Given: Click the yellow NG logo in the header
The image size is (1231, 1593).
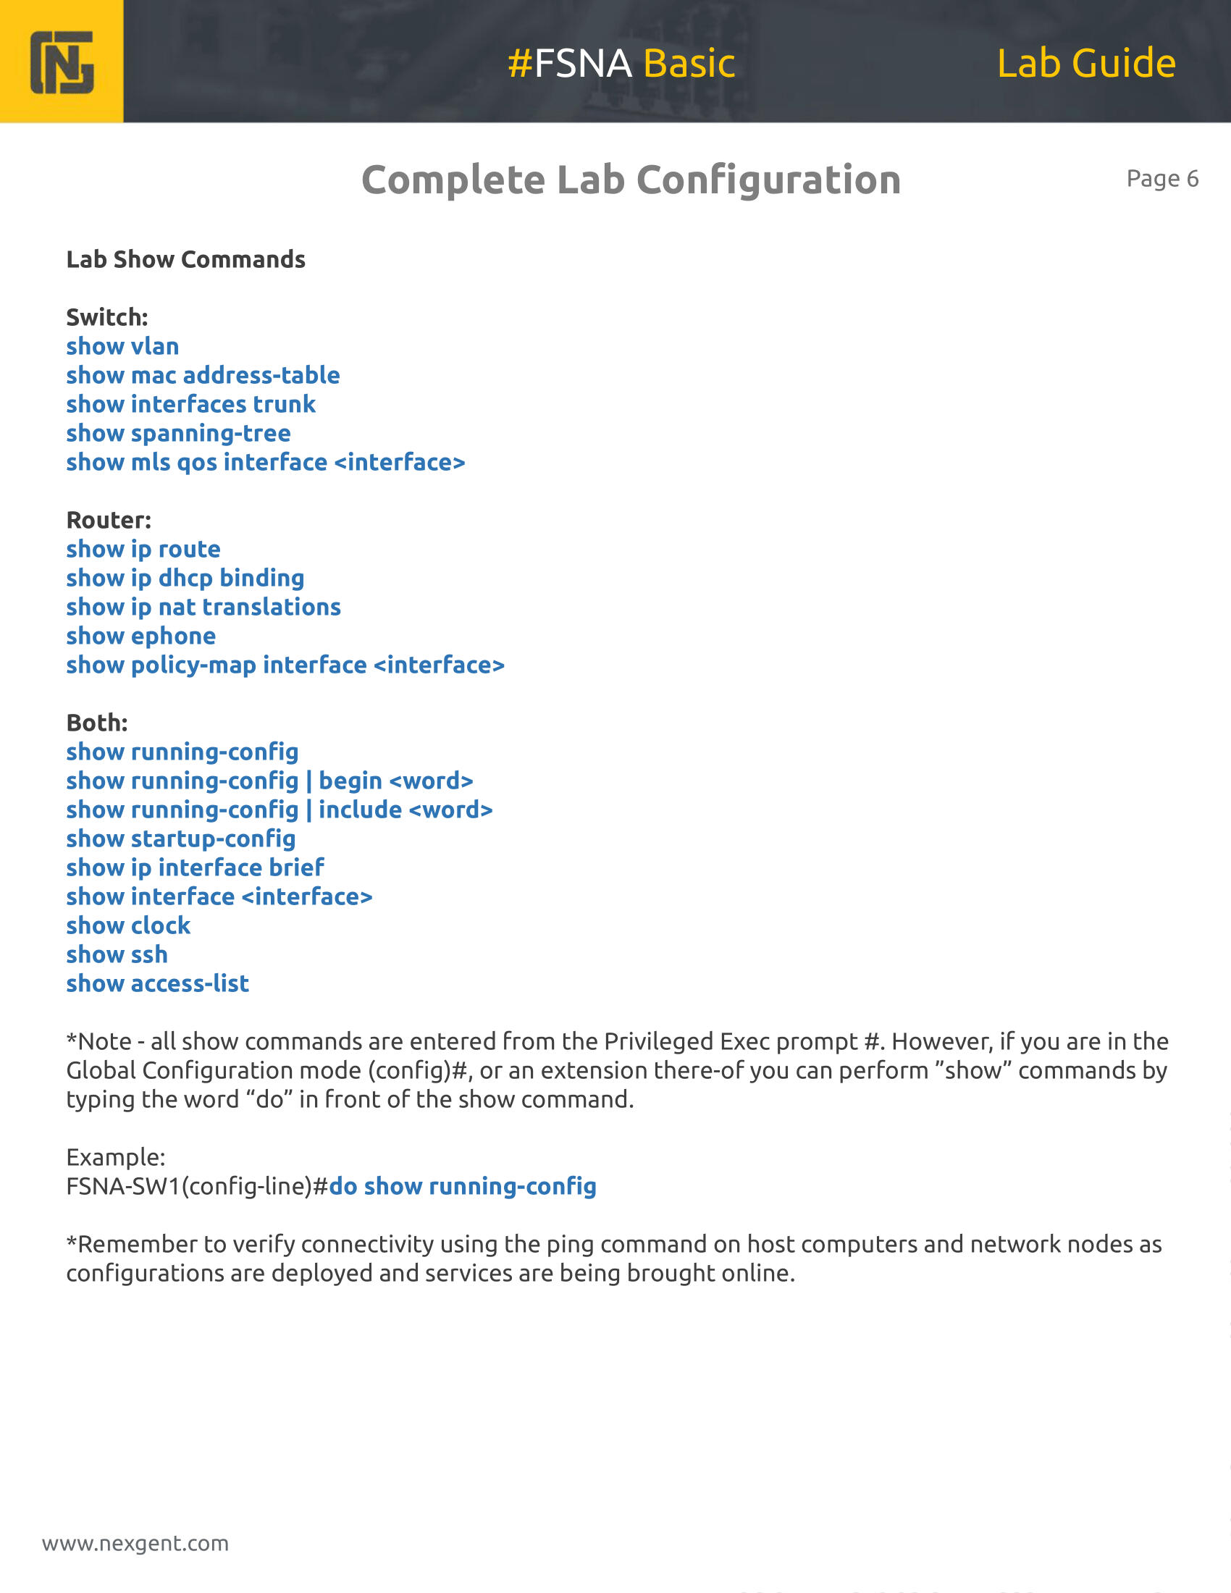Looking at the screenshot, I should click(x=62, y=62).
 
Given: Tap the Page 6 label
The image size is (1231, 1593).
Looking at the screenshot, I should click(x=1161, y=179).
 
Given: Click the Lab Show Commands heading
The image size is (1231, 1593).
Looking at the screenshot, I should click(x=185, y=260).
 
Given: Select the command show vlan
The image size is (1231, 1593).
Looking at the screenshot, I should click(x=122, y=346).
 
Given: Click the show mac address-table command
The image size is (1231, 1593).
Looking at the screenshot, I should click(x=203, y=376).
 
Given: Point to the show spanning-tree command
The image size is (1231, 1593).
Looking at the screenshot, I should click(x=178, y=433).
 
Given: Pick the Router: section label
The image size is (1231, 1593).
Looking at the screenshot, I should click(x=109, y=520).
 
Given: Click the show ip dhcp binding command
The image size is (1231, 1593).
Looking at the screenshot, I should click(x=185, y=579).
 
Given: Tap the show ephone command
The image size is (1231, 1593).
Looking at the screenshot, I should click(x=140, y=636).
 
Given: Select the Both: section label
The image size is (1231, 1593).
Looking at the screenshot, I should click(x=97, y=723).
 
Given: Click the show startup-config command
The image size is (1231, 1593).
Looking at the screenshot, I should click(x=181, y=838).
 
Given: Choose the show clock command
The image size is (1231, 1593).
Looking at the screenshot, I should click(x=128, y=925).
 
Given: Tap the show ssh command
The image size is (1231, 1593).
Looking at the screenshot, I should click(x=117, y=955).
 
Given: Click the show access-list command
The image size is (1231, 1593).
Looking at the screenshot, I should click(x=158, y=984).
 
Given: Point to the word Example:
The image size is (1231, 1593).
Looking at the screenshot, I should click(x=115, y=1158).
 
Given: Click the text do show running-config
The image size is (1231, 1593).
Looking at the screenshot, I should click(x=463, y=1187).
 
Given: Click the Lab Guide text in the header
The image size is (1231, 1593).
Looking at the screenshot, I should click(x=1086, y=64).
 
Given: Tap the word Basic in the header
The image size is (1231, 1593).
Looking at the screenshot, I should click(x=689, y=64).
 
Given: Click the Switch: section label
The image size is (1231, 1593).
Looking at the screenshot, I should click(x=107, y=317).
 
